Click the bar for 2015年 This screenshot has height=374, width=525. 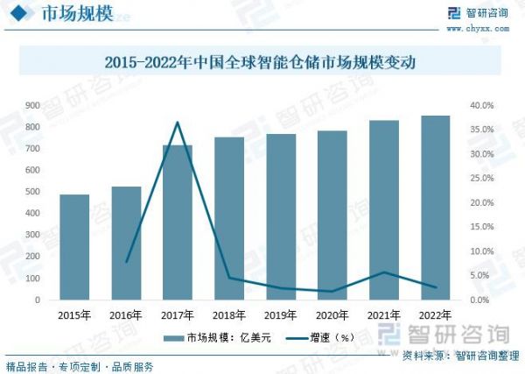(x=74, y=247)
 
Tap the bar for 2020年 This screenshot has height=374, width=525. (x=332, y=215)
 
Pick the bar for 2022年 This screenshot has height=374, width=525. (x=436, y=208)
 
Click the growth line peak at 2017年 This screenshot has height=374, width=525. (x=178, y=122)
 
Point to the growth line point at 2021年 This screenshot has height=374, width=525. (x=384, y=272)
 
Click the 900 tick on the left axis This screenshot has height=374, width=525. (x=32, y=105)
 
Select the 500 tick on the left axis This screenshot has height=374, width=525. (x=32, y=192)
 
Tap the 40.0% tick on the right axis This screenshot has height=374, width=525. (x=483, y=105)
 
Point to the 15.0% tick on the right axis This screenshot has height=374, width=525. (x=483, y=227)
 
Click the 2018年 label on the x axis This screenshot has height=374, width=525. (x=229, y=315)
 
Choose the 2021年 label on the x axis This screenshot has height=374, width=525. (x=384, y=315)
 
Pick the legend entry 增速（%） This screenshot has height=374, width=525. (x=324, y=337)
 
